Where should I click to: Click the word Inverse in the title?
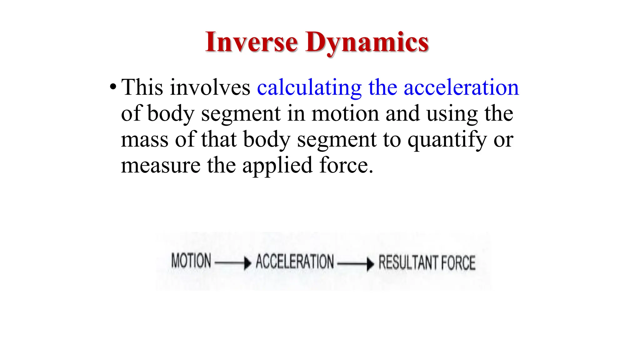252,42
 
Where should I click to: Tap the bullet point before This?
113,87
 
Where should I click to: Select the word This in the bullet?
142,87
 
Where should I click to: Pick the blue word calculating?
309,88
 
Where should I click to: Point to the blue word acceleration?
461,87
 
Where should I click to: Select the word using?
452,114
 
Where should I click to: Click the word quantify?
447,140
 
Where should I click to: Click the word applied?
277,166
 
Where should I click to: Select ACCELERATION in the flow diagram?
295,262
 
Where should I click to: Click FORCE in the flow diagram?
458,263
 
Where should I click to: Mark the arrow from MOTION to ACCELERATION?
233,263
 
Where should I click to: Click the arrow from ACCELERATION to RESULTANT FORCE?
356,264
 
